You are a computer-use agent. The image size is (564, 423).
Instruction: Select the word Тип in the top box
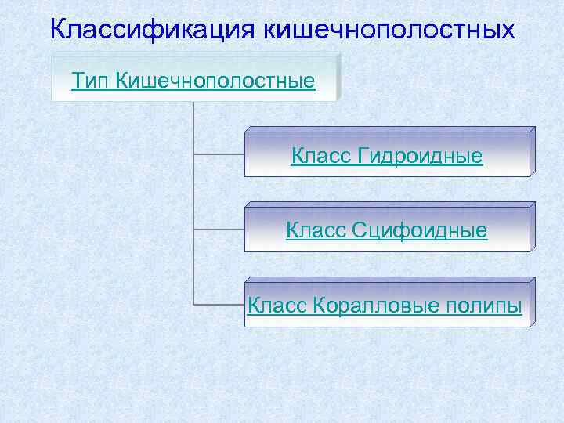90,81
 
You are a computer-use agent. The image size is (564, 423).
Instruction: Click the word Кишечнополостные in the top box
215,81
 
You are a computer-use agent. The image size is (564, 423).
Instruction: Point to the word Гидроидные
420,157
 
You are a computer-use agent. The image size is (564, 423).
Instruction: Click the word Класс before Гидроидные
321,157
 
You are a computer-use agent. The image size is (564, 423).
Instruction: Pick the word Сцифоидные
420,230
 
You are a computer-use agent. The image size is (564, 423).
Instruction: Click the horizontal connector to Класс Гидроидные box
219,154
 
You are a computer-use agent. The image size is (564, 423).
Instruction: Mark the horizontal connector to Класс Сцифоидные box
219,229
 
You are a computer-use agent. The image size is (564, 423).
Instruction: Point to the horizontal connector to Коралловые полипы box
219,304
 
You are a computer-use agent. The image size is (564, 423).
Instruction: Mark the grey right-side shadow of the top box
340,77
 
